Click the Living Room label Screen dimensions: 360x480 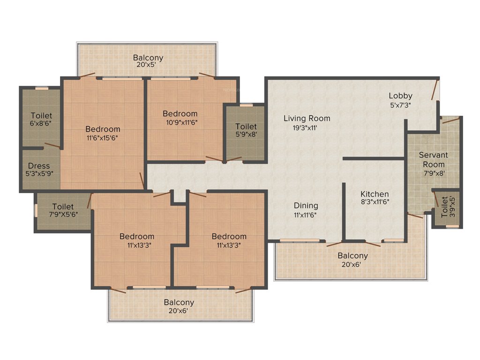[307, 118]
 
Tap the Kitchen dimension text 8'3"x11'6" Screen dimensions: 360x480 [375, 202]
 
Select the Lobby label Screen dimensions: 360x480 [400, 96]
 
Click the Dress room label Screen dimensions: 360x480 [39, 165]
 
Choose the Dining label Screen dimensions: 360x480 [306, 205]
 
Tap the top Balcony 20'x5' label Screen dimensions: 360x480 [148, 58]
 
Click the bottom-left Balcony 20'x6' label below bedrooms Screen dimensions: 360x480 [179, 302]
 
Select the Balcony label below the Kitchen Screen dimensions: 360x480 [353, 255]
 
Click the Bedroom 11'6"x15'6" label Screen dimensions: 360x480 [103, 129]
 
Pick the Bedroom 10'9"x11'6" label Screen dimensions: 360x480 [180, 113]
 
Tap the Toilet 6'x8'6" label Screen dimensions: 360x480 [42, 115]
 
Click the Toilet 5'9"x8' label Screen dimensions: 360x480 [246, 127]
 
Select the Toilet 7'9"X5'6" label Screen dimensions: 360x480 [63, 206]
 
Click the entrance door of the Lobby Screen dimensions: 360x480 [436, 90]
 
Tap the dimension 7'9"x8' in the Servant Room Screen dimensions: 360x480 [433, 173]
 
